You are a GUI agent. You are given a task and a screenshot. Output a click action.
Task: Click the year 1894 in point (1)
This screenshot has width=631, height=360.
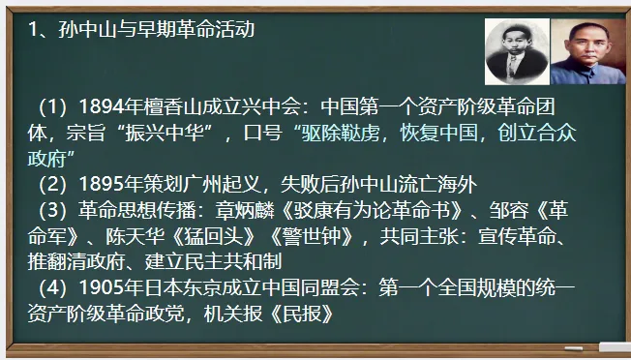pyautogui.click(x=104, y=105)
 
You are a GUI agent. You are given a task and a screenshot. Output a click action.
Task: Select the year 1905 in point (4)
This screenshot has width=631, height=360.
pyautogui.click(x=104, y=287)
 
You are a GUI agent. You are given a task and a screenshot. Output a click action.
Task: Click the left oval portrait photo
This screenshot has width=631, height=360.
pyautogui.click(x=515, y=50)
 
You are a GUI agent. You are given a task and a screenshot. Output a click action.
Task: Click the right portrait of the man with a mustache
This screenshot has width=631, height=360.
pyautogui.click(x=586, y=50)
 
